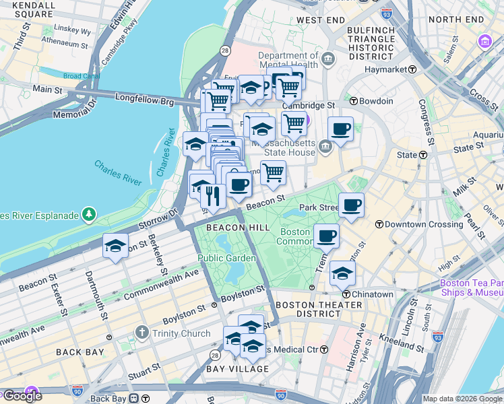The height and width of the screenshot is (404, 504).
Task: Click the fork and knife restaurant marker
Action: pos(213,196)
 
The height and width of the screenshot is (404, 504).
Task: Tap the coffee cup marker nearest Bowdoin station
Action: pos(340,129)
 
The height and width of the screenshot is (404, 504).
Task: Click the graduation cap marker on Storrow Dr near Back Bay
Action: pos(115,246)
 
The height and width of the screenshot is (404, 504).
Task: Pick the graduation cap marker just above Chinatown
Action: pos(342,273)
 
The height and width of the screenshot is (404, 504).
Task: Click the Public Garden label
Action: pos(226,258)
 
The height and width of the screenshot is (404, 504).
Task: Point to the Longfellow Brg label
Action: pos(144,102)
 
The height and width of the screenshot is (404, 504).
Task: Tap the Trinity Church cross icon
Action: pos(141,333)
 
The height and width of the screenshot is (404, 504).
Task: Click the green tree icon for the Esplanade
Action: pos(89,215)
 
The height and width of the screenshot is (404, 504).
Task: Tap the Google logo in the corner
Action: pos(22,395)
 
